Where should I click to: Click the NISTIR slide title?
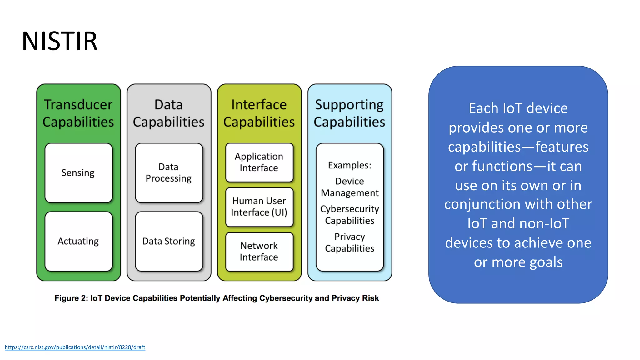(x=60, y=41)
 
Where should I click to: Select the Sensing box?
(x=78, y=173)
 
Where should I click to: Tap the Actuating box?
(x=78, y=241)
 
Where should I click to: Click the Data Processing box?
(x=169, y=172)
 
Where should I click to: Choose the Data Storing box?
(x=169, y=241)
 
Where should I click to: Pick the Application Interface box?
(x=259, y=162)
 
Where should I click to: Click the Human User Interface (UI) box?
(x=259, y=207)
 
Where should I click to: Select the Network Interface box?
(x=259, y=252)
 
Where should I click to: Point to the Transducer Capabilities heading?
(x=78, y=113)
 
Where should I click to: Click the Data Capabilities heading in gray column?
(x=169, y=113)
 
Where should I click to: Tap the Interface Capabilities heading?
(x=259, y=113)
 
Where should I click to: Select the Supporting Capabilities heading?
(x=349, y=113)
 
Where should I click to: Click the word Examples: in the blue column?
(x=350, y=165)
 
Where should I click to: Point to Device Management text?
(x=350, y=187)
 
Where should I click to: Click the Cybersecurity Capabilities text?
(x=350, y=215)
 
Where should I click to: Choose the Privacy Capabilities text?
(x=350, y=242)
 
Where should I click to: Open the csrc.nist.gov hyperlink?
(x=75, y=347)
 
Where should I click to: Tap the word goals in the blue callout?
(x=545, y=262)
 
